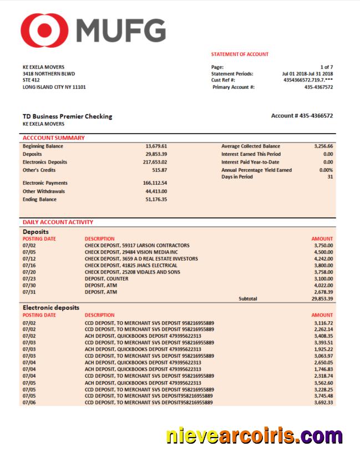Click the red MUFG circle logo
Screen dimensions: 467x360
coord(44,29)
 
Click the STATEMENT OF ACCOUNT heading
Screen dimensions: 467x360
coord(240,54)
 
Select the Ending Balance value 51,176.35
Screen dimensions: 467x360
coord(156,200)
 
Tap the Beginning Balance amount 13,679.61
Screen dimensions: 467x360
coord(156,146)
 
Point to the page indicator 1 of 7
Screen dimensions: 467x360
coord(326,67)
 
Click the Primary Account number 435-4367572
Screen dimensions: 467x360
coord(319,87)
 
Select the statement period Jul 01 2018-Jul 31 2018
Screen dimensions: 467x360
coord(307,74)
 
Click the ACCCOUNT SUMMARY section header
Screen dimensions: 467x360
coord(54,138)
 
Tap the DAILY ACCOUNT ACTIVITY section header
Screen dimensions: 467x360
coord(58,222)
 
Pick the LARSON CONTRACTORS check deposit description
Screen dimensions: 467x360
coord(136,245)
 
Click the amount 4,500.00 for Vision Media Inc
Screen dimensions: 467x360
coord(323,252)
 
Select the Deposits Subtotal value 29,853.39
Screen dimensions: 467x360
coord(322,298)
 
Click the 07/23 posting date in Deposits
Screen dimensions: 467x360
coord(29,278)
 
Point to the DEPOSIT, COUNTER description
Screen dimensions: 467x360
coord(107,278)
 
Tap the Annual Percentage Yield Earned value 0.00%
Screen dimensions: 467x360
coord(326,170)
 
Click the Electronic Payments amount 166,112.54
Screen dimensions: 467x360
coord(155,183)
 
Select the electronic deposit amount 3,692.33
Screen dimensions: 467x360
coord(323,403)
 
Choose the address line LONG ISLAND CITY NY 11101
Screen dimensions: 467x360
coord(54,87)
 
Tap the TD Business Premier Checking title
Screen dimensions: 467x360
coord(67,116)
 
